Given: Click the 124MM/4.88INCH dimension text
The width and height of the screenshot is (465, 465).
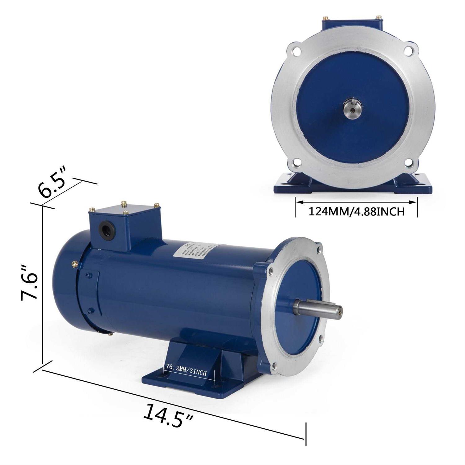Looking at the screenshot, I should coord(356,211).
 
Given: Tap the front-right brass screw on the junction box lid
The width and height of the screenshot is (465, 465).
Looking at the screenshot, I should coord(126,213).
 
